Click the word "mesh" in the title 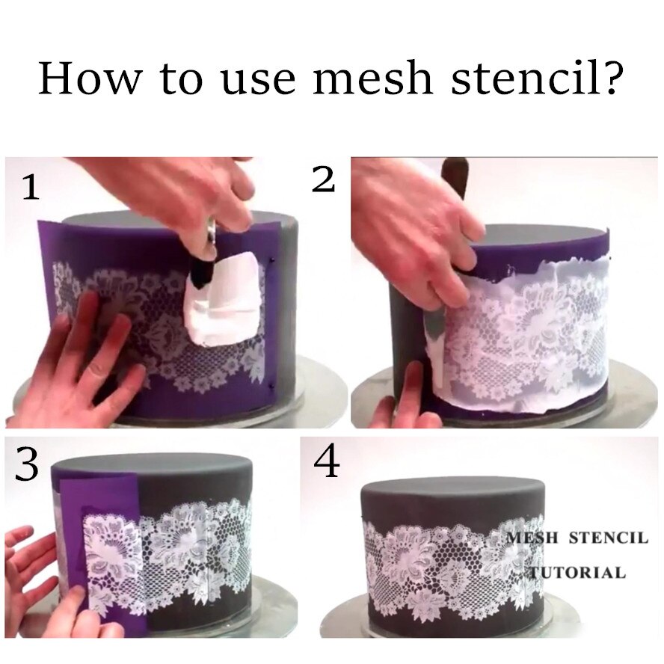tap(371, 77)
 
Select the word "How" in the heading tap(84, 77)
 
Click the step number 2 tap(323, 179)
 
